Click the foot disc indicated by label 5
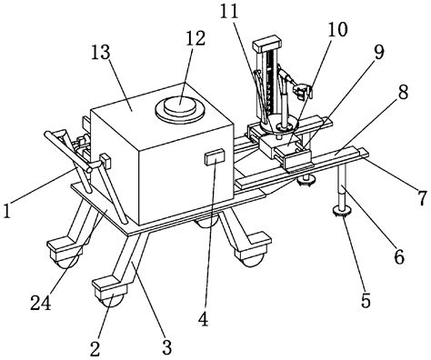(342, 215)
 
